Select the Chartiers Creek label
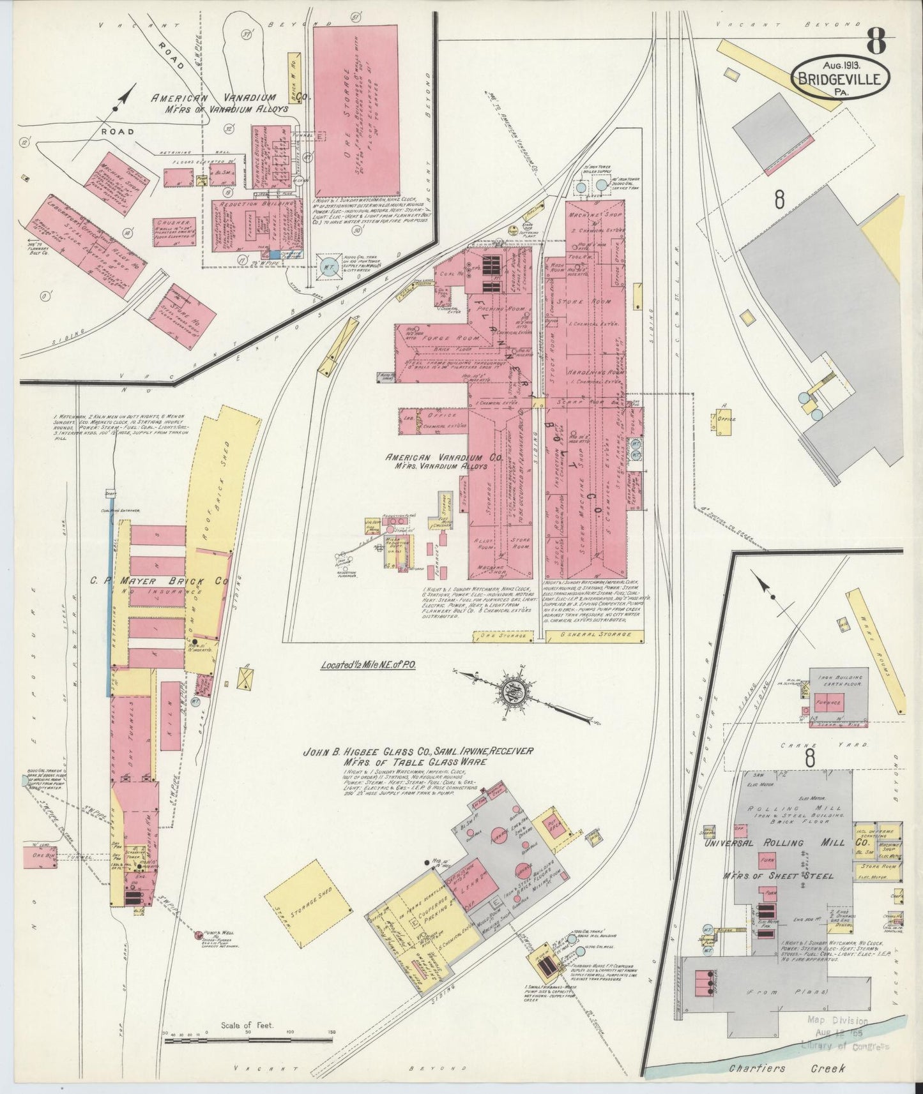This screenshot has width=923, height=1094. click(787, 1068)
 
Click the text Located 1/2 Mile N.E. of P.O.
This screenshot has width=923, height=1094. click(369, 664)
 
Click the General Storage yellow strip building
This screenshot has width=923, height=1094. click(593, 635)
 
